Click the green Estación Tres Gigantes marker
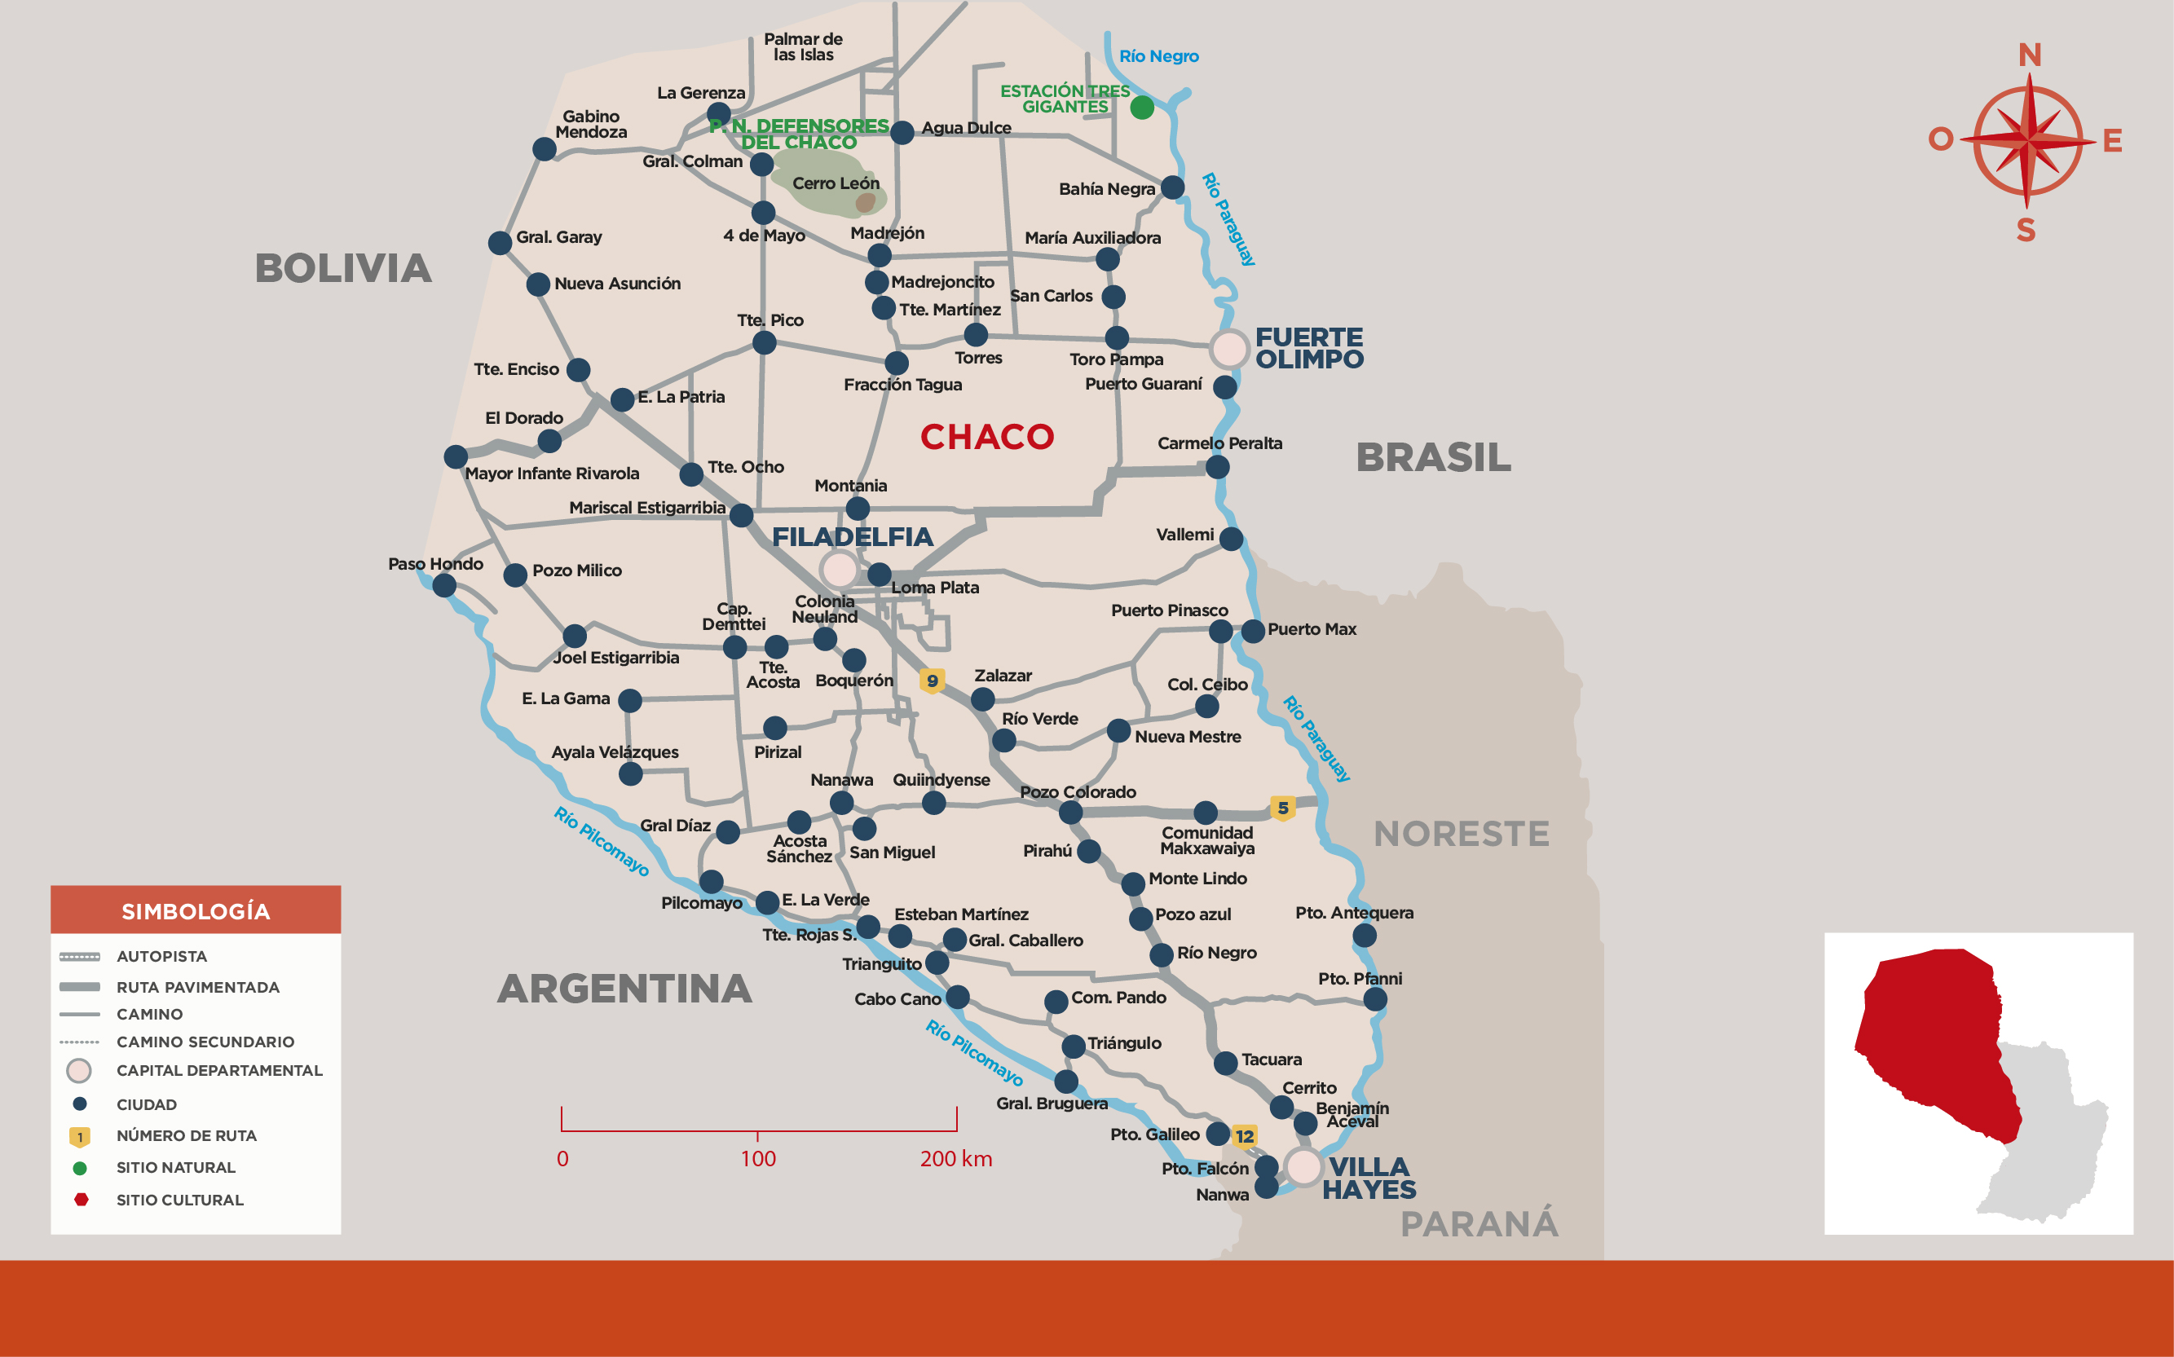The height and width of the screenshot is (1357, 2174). click(1142, 108)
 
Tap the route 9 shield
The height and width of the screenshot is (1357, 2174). click(932, 681)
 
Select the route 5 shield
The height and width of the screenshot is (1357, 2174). click(1283, 808)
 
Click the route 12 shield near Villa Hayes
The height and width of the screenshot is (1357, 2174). click(1244, 1136)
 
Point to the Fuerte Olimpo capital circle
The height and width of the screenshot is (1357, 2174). click(1228, 348)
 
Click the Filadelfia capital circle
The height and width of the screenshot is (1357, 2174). click(840, 569)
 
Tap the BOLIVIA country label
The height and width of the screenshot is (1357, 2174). click(343, 268)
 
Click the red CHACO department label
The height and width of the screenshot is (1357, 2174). click(986, 437)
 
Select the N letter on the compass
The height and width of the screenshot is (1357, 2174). click(2030, 55)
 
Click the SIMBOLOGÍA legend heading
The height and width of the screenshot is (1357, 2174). click(196, 911)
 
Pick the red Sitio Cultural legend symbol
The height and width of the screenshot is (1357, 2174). click(81, 1199)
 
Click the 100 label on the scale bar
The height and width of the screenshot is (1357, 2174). click(757, 1159)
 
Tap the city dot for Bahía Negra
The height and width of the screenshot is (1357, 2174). click(1172, 187)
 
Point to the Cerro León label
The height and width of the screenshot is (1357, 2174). click(836, 183)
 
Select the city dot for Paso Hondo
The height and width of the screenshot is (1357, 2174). click(444, 585)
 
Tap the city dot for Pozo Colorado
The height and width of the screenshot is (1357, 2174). click(1070, 813)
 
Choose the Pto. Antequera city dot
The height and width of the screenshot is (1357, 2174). click(1364, 935)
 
